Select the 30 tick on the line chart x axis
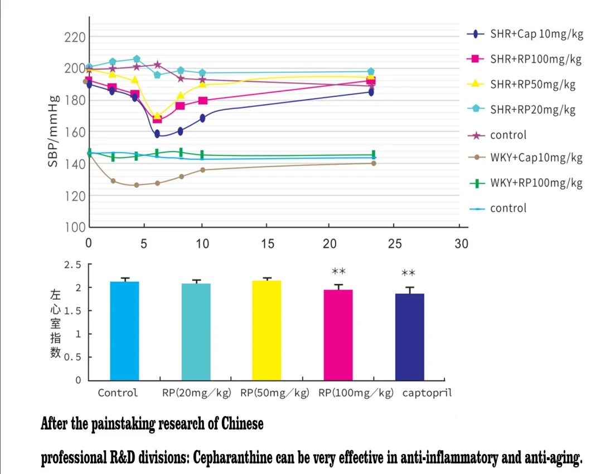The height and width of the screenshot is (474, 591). (461, 243)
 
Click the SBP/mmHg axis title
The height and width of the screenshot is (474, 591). (54, 132)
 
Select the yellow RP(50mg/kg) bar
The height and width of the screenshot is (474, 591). (267, 330)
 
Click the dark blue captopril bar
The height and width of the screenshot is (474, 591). (410, 336)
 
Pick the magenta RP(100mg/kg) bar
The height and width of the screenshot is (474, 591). (338, 334)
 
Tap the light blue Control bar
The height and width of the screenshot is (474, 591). (124, 330)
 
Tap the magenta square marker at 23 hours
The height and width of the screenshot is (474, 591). (371, 80)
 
